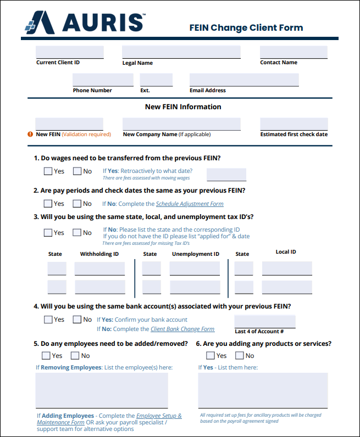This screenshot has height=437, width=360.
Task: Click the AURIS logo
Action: pyautogui.click(x=85, y=23)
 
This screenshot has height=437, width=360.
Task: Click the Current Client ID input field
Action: pyautogui.click(x=70, y=52)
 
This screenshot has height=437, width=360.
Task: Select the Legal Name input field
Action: pyautogui.click(x=181, y=52)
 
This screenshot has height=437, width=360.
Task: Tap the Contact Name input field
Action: pyautogui.click(x=293, y=52)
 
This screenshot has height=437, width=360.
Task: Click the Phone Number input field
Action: pyautogui.click(x=103, y=80)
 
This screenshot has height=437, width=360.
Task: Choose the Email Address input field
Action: pyautogui.click(x=244, y=80)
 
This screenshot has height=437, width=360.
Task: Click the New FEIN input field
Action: pyautogui.click(x=69, y=124)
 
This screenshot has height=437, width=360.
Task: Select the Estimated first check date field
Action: pyautogui.click(x=293, y=124)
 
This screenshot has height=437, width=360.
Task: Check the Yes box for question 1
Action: pyautogui.click(x=48, y=171)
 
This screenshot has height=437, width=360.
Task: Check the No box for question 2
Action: pyautogui.click(x=77, y=204)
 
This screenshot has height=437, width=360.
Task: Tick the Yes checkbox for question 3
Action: pyautogui.click(x=48, y=233)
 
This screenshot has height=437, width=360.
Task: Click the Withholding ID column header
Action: pyautogui.click(x=99, y=254)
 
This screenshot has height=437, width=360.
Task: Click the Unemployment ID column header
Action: pyautogui.click(x=195, y=254)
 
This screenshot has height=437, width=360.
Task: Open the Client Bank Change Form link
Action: pyautogui.click(x=182, y=329)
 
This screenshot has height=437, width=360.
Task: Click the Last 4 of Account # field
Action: pyautogui.click(x=264, y=321)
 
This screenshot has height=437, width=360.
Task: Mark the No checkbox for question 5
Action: pyautogui.click(x=75, y=356)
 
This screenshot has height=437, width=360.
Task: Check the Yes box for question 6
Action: pyautogui.click(x=210, y=356)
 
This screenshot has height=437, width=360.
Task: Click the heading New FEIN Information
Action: pyautogui.click(x=183, y=107)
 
